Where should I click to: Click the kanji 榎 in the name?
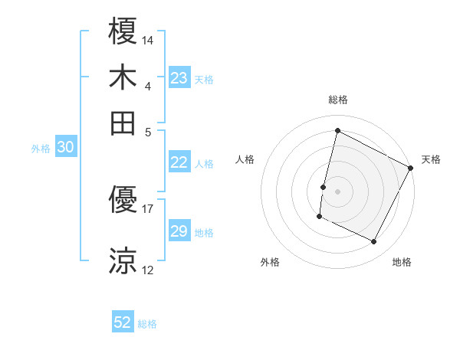pyautogui.click(x=123, y=33)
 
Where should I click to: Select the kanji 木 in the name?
pyautogui.click(x=123, y=77)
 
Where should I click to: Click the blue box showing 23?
pyautogui.click(x=179, y=77)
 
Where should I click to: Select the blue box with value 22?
pyautogui.click(x=179, y=162)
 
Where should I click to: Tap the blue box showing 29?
pyautogui.click(x=179, y=231)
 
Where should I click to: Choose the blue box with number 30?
pyautogui.click(x=65, y=148)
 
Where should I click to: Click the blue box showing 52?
pyautogui.click(x=123, y=322)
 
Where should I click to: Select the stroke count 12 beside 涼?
pyautogui.click(x=148, y=269)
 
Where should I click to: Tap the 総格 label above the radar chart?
pyautogui.click(x=337, y=100)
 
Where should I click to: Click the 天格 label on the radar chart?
pyautogui.click(x=431, y=159)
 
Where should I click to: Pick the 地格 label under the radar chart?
pyautogui.click(x=402, y=262)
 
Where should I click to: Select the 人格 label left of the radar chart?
pyautogui.click(x=245, y=159)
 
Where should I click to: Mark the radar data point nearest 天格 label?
pyautogui.click(x=411, y=168)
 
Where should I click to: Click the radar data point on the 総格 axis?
pyautogui.click(x=337, y=130)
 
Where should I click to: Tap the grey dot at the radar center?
pyautogui.click(x=337, y=191)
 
